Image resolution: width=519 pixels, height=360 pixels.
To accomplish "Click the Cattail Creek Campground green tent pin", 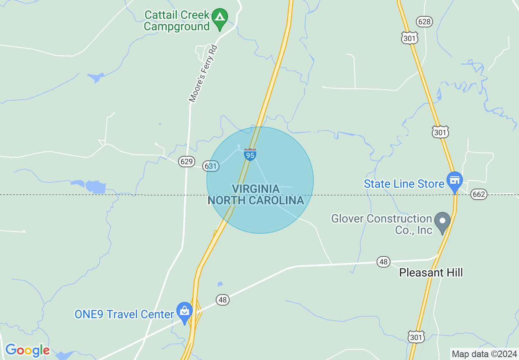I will [x=221, y=18].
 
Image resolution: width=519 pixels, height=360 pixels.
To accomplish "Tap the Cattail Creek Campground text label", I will [x=177, y=21].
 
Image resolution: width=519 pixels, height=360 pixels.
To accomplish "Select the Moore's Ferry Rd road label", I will [x=203, y=73].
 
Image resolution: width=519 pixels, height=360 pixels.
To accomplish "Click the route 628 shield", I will [x=424, y=21].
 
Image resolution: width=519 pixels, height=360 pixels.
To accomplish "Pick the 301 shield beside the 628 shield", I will [x=410, y=38].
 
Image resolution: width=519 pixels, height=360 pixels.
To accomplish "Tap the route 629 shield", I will [x=186, y=162].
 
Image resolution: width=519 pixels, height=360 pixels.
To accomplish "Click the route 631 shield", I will [x=211, y=166].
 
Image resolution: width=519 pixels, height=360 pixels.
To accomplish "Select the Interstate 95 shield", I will [x=250, y=154].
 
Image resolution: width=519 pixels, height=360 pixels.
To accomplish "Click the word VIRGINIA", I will [x=256, y=189].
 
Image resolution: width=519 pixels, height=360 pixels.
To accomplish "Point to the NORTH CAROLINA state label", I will [x=256, y=200].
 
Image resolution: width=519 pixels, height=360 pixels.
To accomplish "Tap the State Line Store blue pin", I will [x=454, y=181].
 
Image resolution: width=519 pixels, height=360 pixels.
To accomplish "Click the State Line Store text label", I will [x=404, y=184].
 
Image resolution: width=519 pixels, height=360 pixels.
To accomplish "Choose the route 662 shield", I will [x=478, y=194].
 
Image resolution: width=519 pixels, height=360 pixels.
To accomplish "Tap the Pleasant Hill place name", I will [x=431, y=272].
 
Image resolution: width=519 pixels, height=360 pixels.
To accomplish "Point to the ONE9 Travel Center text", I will [x=124, y=314].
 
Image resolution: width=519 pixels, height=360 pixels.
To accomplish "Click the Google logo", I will [x=27, y=350].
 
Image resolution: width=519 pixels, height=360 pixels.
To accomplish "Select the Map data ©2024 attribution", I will [x=484, y=354].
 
